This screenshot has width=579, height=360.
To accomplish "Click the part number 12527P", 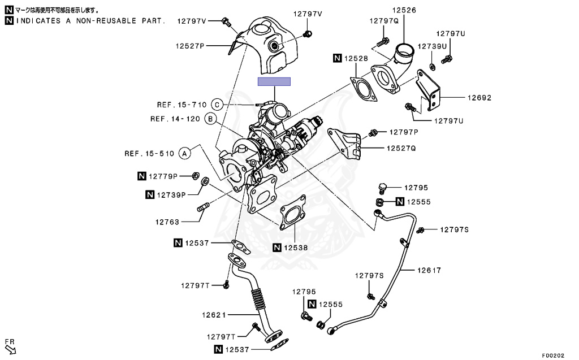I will (189, 46).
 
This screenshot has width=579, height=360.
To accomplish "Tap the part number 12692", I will (479, 98).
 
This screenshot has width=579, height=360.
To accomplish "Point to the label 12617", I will (429, 271).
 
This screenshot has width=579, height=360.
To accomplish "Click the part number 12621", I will (214, 314).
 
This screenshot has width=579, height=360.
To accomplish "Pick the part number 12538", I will (296, 247).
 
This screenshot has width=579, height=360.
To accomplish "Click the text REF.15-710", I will (182, 105).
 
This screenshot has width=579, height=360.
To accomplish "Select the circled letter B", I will (209, 119).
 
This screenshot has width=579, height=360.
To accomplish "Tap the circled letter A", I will (183, 153).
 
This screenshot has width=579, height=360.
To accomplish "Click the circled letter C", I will (217, 105).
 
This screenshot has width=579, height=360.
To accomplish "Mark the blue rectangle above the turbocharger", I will (274, 81).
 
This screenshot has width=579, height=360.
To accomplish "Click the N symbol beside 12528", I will (337, 58).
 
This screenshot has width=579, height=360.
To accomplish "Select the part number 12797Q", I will (384, 20).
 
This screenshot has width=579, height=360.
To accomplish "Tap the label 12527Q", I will (401, 149).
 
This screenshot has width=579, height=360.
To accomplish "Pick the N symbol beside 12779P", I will (142, 176).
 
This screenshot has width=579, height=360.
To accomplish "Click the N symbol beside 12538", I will (277, 247).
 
